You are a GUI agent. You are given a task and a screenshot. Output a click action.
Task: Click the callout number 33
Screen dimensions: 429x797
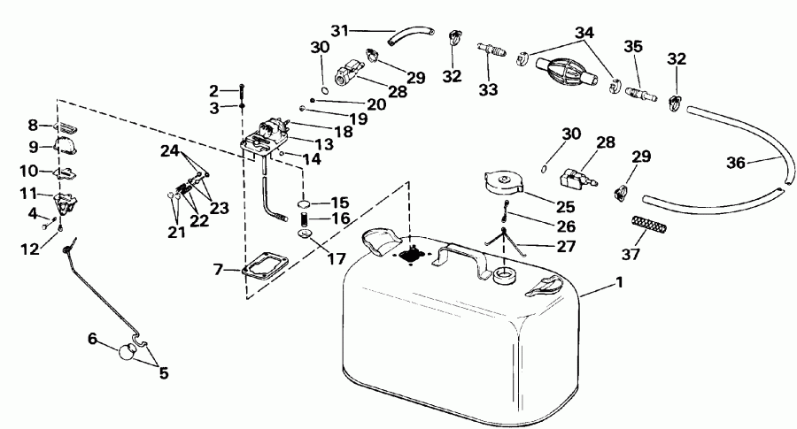[489, 89]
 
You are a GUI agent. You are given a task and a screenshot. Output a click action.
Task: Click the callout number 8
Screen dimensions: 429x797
[35, 126]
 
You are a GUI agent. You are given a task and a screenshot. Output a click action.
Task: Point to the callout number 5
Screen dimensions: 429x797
[162, 372]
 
